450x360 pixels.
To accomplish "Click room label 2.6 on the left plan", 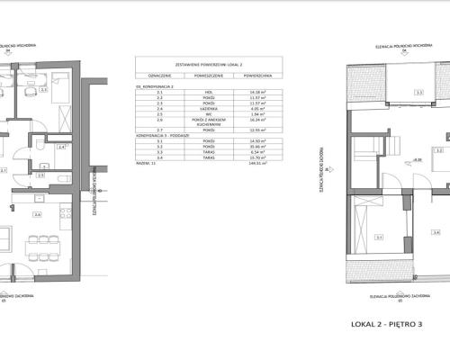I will (x=37, y=214).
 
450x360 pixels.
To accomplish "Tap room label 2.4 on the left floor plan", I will (x=61, y=146).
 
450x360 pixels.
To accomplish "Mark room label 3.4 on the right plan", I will (x=436, y=231).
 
